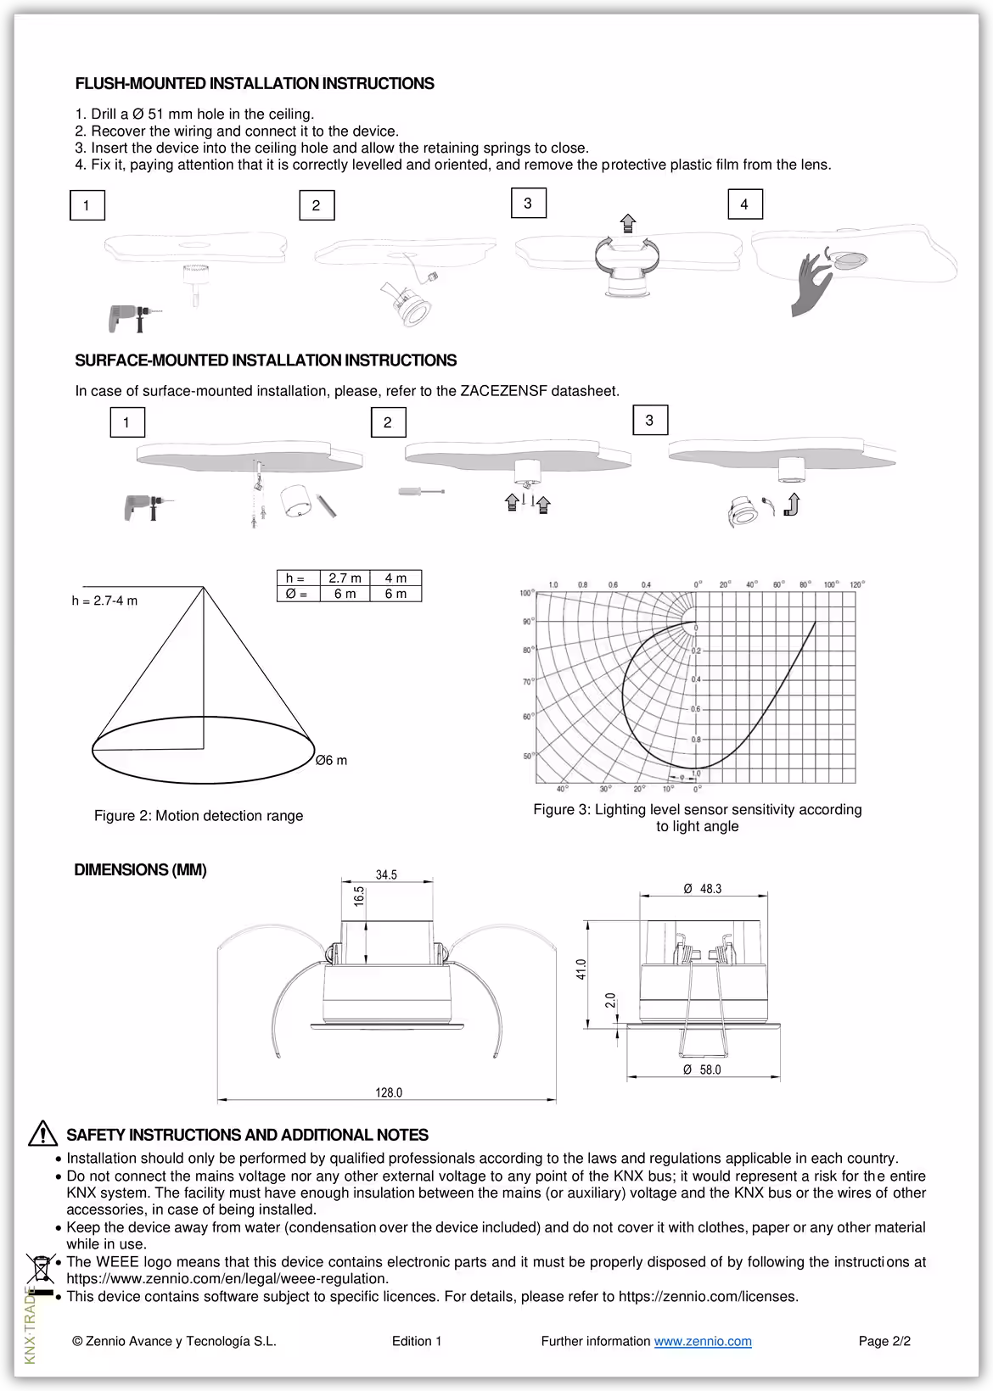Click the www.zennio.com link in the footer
(703, 1341)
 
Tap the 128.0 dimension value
(389, 1092)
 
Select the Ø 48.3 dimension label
(703, 889)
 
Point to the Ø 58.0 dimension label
(703, 1070)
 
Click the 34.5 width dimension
(386, 874)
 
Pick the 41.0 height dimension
(581, 969)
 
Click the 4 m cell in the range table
(396, 578)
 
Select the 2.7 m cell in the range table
(345, 578)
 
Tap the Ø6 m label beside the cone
(331, 760)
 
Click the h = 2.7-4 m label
(104, 601)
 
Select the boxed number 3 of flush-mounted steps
(528, 204)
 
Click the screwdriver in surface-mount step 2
(421, 491)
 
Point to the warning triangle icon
(42, 1134)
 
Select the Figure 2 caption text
(199, 816)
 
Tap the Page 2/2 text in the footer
(884, 1341)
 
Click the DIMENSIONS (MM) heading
(140, 869)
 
